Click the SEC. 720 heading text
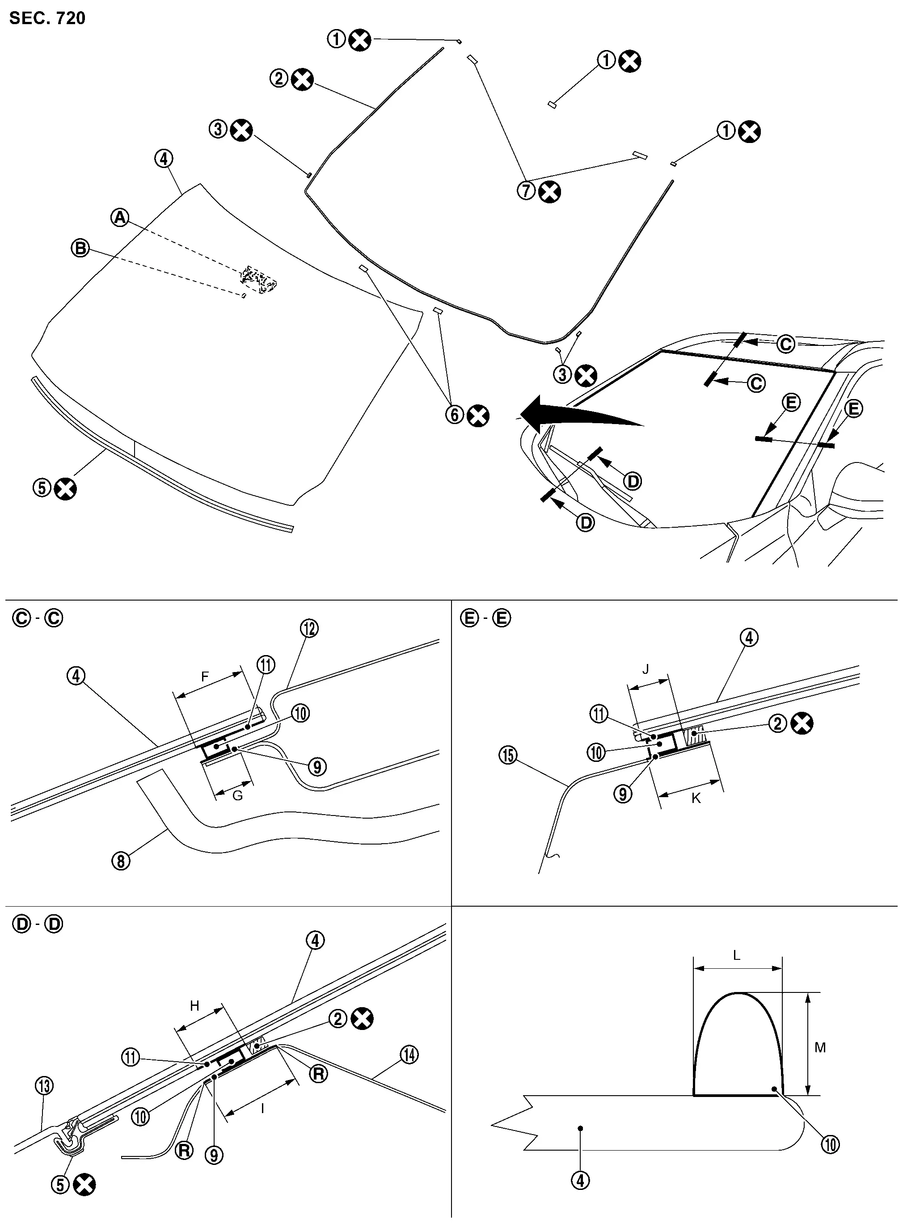click(47, 18)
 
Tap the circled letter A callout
click(120, 218)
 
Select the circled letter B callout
click(80, 248)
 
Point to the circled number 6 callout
click(455, 415)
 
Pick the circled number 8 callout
click(121, 861)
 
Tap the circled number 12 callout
click(309, 628)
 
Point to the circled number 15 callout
click(508, 756)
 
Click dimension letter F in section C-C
click(205, 677)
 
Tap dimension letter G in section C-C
click(237, 795)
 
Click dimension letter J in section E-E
click(646, 669)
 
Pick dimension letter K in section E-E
click(696, 798)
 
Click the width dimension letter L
click(736, 955)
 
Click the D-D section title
click(38, 924)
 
